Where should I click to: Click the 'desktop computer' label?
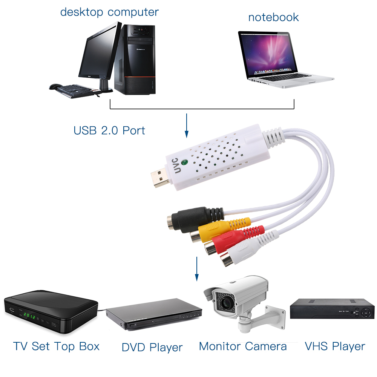(x=109, y=12)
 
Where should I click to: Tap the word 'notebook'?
(x=273, y=17)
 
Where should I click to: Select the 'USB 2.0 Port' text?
(x=109, y=131)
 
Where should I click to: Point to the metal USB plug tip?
(x=158, y=179)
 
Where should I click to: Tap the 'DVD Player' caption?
(x=152, y=347)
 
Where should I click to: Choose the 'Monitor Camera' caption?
(x=243, y=346)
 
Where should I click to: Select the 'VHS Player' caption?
(x=335, y=346)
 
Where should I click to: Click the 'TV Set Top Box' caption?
(x=57, y=346)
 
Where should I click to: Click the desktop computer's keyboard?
(x=74, y=90)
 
